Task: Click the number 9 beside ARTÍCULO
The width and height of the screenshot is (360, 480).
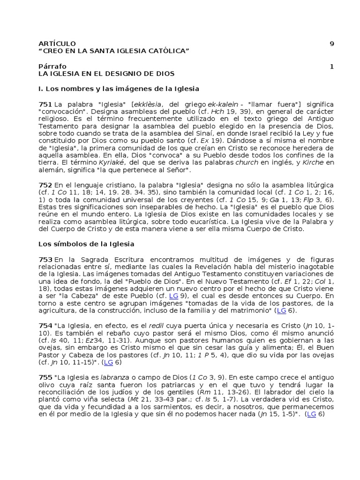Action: point(332,44)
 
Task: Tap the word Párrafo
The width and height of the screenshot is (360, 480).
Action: point(52,66)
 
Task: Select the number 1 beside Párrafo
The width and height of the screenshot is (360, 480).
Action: point(332,66)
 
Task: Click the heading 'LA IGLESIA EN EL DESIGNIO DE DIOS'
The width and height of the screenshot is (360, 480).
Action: point(106,74)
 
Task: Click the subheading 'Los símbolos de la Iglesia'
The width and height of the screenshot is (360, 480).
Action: point(86,244)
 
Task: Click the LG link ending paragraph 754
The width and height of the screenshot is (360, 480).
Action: point(108,362)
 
